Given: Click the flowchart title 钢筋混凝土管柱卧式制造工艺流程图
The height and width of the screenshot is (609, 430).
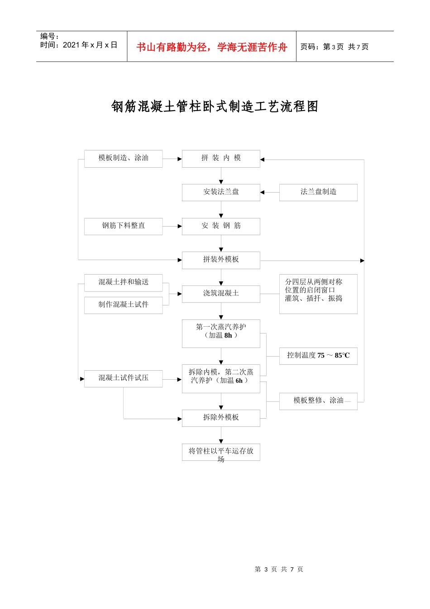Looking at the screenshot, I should (x=215, y=106).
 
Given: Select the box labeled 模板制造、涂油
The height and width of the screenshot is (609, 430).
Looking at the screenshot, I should (x=123, y=159).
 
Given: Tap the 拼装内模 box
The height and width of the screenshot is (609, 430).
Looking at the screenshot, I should (x=221, y=159).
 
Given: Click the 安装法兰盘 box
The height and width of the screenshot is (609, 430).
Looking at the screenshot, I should (x=221, y=192).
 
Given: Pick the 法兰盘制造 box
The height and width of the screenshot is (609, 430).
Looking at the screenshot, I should (x=318, y=192).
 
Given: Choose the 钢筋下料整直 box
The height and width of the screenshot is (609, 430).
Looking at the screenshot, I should (x=123, y=226).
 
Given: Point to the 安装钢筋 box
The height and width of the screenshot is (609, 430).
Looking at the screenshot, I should (x=221, y=226).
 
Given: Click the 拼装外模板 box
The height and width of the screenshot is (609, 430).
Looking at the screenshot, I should (x=221, y=260).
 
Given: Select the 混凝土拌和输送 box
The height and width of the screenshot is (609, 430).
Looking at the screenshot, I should (x=123, y=282).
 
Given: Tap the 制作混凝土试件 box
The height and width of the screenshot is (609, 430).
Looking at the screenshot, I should (x=123, y=305).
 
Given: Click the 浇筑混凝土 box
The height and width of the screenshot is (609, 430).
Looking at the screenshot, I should (x=221, y=294).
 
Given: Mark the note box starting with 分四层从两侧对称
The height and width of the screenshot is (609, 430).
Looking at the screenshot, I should (x=318, y=294).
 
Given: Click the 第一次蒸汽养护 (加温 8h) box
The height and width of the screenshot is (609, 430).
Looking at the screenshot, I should (x=221, y=333).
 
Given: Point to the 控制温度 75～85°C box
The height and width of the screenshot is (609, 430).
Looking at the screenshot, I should (x=318, y=356).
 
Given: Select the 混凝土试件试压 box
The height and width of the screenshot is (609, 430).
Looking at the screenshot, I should (x=123, y=378).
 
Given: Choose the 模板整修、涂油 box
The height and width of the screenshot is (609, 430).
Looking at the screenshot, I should (x=318, y=401).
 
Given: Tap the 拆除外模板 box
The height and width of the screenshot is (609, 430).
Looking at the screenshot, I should (x=221, y=418).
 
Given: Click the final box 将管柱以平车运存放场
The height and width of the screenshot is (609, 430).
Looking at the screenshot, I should (x=221, y=452).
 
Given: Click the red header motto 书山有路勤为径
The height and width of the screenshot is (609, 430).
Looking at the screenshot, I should (x=211, y=47).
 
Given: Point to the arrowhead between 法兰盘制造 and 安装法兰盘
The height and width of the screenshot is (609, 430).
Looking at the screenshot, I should (x=263, y=193).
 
